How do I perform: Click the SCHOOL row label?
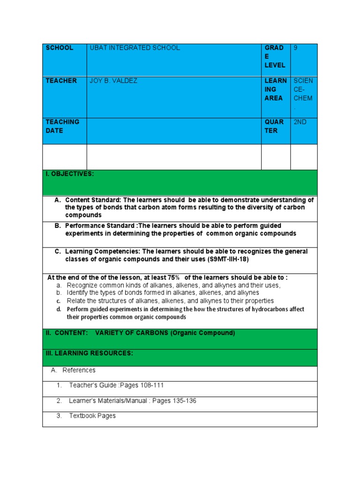(59, 48)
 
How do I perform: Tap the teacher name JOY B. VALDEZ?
(113, 81)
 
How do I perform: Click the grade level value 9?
(295, 48)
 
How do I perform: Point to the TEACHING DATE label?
(62, 126)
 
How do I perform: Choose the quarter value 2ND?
(300, 122)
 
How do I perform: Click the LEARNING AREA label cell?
(275, 89)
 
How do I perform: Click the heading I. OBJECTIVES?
(69, 174)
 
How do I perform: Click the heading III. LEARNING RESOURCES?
(89, 353)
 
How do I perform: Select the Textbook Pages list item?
(92, 416)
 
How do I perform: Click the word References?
(79, 370)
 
